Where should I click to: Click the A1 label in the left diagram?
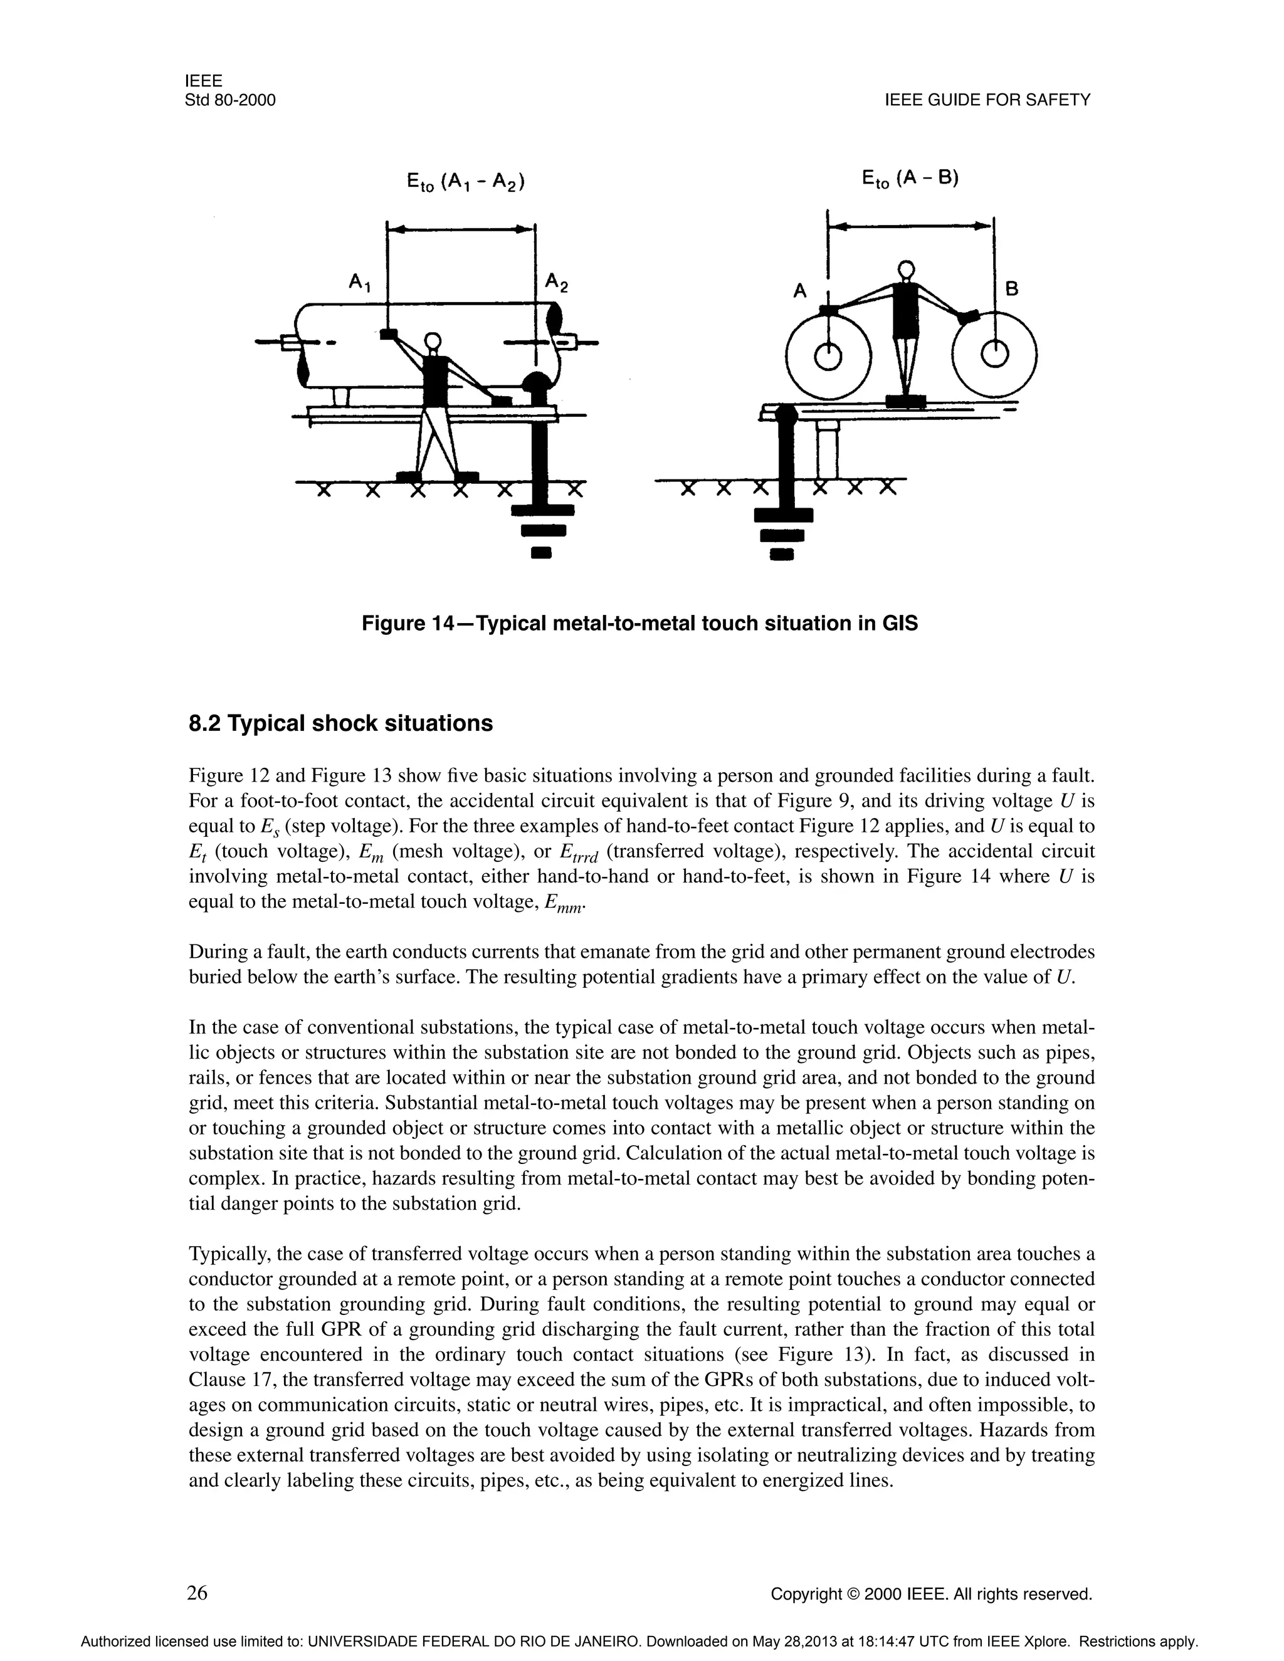tap(359, 283)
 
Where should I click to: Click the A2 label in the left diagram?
tap(556, 283)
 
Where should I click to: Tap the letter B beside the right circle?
tap(1012, 289)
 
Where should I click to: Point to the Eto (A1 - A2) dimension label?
tap(466, 182)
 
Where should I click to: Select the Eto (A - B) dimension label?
tap(910, 179)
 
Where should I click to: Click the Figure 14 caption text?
tap(639, 624)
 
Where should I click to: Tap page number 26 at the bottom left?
tap(197, 1592)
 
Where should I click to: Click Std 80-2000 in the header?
tap(229, 100)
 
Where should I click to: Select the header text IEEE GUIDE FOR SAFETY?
tap(987, 100)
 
